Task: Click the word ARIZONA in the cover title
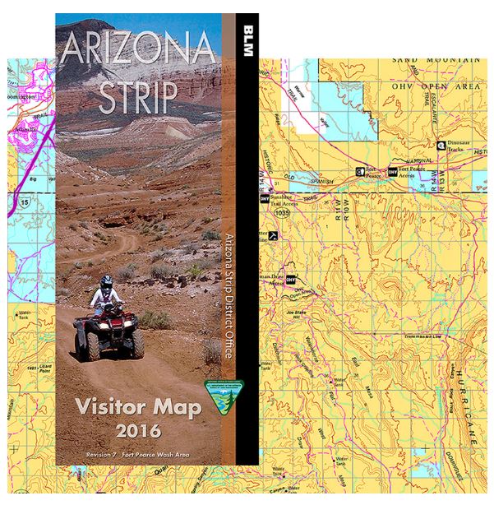138,51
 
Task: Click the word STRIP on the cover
136,98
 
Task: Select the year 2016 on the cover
138,430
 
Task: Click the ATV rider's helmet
106,282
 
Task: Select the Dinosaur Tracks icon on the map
442,146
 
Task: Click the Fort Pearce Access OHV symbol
392,172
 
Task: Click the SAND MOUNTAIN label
436,60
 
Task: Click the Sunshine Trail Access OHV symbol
265,198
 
